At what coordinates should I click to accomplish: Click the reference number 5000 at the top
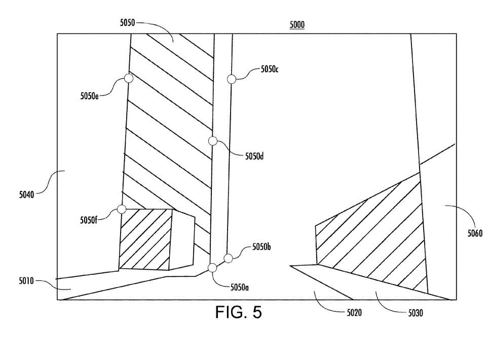pyautogui.click(x=297, y=25)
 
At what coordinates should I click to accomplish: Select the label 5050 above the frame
pyautogui.click(x=127, y=22)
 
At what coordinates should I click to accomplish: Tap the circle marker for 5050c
pyautogui.click(x=232, y=79)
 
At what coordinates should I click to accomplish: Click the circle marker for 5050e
pyautogui.click(x=129, y=78)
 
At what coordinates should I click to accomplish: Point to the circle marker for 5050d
pyautogui.click(x=213, y=141)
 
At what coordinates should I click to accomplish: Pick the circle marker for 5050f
pyautogui.click(x=121, y=209)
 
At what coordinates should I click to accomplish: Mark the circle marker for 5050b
pyautogui.click(x=228, y=258)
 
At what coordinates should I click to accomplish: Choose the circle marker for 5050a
pyautogui.click(x=212, y=268)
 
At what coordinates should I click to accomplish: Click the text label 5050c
pyautogui.click(x=270, y=69)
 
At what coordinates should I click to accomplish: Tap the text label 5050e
pyautogui.click(x=89, y=96)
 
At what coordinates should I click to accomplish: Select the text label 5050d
pyautogui.click(x=254, y=156)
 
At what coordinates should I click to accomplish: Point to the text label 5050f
pyautogui.click(x=89, y=220)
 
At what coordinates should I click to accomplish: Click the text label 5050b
pyautogui.click(x=261, y=247)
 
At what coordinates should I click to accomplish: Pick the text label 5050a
pyautogui.click(x=239, y=287)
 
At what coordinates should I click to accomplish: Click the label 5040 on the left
pyautogui.click(x=26, y=195)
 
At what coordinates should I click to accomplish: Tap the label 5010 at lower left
pyautogui.click(x=26, y=281)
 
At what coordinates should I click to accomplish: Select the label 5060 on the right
pyautogui.click(x=475, y=233)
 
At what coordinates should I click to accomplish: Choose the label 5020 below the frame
pyautogui.click(x=354, y=312)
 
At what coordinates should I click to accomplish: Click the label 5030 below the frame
pyautogui.click(x=416, y=313)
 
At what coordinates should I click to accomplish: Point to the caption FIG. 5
pyautogui.click(x=239, y=312)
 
